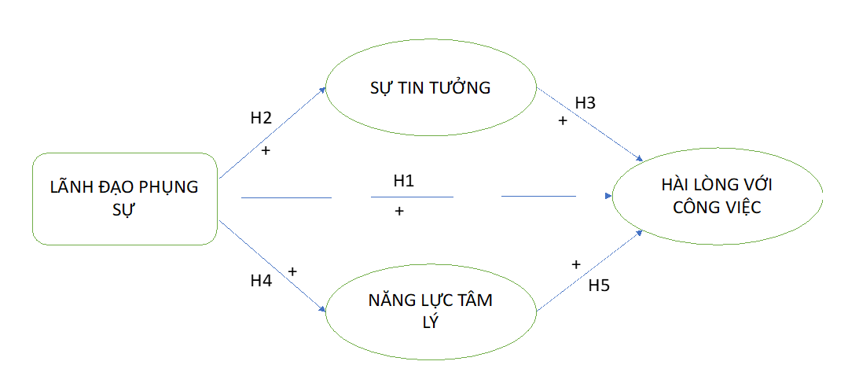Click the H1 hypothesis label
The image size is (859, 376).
403,181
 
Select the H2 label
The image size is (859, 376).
261,119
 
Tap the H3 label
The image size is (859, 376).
586,102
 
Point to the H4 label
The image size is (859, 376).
261,281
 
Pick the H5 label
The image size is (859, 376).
599,286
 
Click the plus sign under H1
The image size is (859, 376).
399,211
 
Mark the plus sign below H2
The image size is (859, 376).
265,149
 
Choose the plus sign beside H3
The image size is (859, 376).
562,120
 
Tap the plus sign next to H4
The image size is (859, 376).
292,271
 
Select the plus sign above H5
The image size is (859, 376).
576,264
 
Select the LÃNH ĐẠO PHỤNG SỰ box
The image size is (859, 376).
124,198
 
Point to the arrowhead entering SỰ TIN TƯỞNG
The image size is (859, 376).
322,90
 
